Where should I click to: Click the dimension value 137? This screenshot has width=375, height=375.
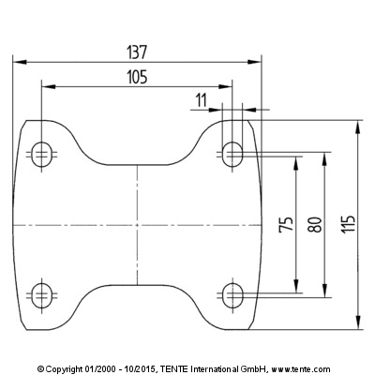tap(137, 52)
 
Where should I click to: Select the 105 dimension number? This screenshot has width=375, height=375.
tap(137, 77)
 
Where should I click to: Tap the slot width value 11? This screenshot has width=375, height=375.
tap(202, 100)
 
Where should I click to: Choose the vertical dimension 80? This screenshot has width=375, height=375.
tap(315, 224)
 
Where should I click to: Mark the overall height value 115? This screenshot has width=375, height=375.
tap(349, 223)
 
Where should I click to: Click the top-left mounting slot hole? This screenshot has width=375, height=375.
tap(42, 155)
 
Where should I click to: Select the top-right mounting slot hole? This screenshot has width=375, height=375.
tap(232, 155)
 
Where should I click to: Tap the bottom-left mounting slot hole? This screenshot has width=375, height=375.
tap(42, 295)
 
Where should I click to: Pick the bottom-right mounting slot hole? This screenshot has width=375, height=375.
tap(232, 295)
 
